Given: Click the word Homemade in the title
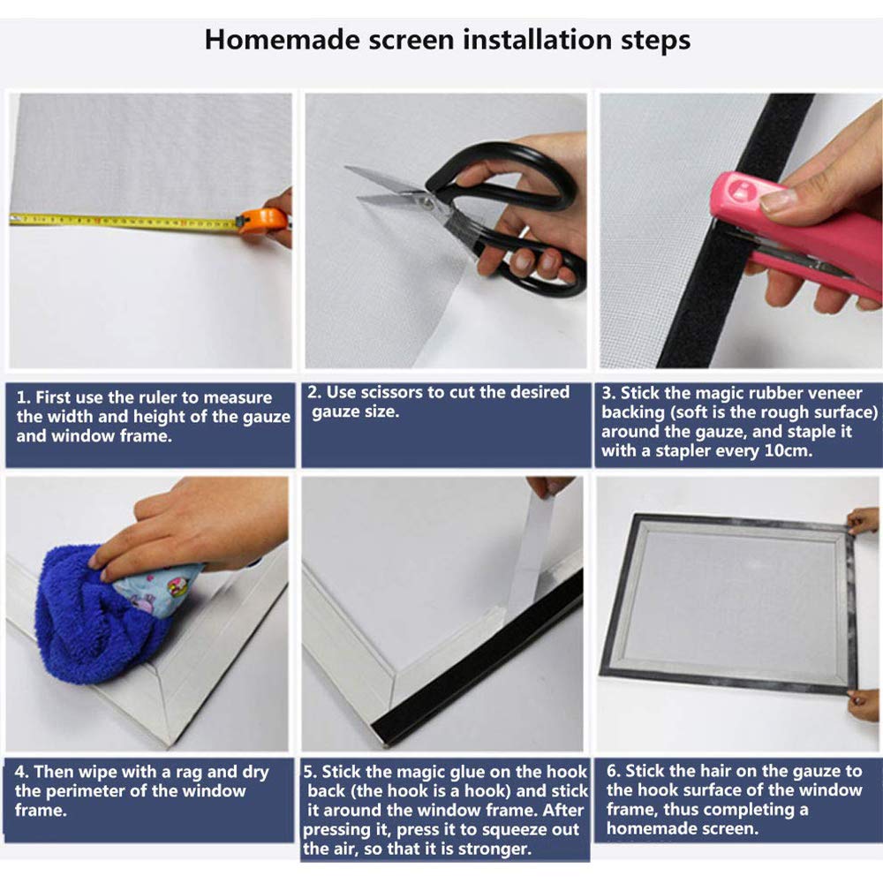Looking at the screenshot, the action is click(x=282, y=40).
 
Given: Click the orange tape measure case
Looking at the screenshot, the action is click(x=263, y=222).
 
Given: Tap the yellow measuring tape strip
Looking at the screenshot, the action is click(x=124, y=223).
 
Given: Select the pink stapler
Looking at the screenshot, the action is click(x=800, y=237).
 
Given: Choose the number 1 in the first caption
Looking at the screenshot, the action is click(x=22, y=397).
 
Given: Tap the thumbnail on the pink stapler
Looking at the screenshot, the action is click(x=777, y=200).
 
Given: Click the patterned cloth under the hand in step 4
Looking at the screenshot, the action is click(x=158, y=588).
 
